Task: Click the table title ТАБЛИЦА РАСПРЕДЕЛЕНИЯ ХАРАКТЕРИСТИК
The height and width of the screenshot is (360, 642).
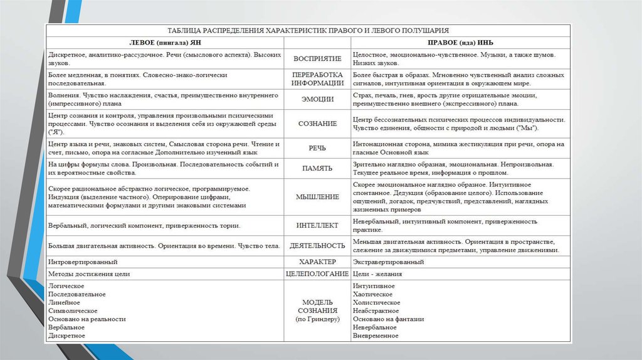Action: tap(308, 30)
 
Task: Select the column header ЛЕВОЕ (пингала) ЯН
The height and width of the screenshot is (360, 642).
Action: tap(165, 43)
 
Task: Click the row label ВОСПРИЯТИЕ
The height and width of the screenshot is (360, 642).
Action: tap(317, 59)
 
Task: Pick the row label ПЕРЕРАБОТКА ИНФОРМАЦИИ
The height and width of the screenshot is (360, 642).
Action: tap(317, 78)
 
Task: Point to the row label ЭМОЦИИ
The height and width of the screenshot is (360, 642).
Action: tap(317, 99)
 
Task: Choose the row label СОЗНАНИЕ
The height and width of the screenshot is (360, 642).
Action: tap(317, 124)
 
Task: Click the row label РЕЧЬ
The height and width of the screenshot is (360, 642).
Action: tap(317, 148)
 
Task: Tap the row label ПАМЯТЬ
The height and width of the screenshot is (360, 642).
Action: tap(317, 167)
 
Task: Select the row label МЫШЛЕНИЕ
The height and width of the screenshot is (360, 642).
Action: tap(317, 197)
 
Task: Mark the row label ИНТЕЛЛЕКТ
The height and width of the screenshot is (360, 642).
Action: tap(317, 225)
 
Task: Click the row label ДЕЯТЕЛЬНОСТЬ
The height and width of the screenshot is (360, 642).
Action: tap(317, 246)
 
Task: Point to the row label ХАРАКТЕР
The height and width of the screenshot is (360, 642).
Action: tap(317, 261)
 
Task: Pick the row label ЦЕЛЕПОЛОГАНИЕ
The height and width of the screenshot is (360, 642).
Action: tap(317, 274)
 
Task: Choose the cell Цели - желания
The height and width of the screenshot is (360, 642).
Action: tap(377, 274)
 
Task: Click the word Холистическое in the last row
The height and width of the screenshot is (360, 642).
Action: tap(377, 302)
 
